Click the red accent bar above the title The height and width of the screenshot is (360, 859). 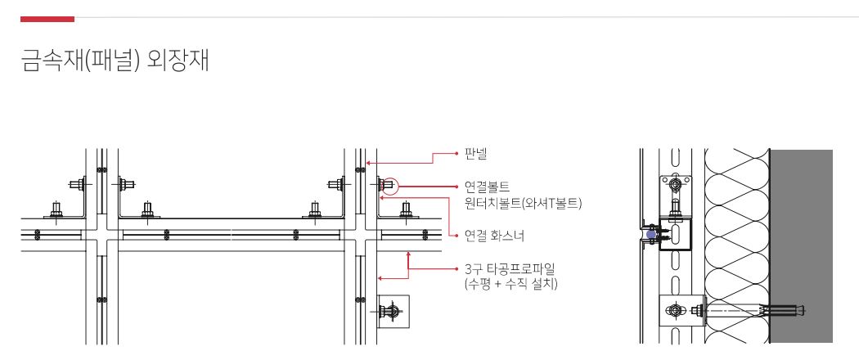coord(47,18)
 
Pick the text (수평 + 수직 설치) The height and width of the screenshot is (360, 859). coord(510,284)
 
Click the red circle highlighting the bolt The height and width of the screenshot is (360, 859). coord(389,187)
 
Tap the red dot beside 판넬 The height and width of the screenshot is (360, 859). coord(455,153)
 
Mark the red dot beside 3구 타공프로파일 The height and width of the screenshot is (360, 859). coord(455,268)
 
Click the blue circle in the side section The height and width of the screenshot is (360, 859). coord(650,234)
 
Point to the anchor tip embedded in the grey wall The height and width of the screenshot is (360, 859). coord(798,310)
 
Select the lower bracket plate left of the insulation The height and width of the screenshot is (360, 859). coord(678,310)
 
